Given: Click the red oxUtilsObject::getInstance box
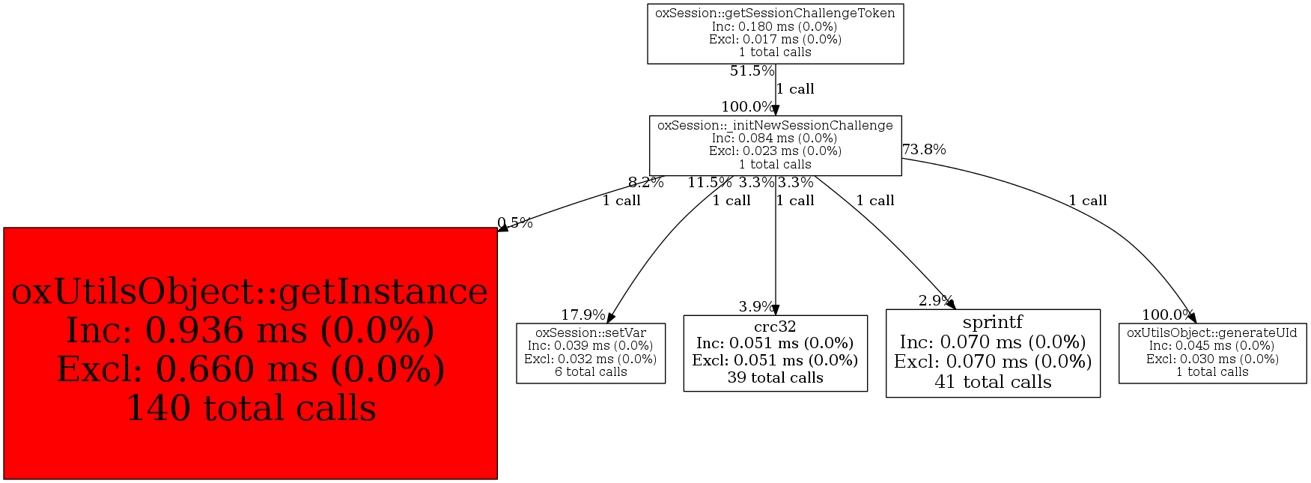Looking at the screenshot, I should tap(250, 353).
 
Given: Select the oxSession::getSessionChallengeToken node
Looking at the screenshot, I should tap(775, 33).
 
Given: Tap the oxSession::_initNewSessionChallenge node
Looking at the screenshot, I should tap(775, 145).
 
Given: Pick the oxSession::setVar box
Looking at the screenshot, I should tap(591, 353).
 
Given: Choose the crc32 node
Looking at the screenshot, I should tap(775, 353).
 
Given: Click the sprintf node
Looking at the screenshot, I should tap(993, 353).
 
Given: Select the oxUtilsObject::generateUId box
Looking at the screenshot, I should tap(1212, 353).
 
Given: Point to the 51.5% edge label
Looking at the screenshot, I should tap(752, 71).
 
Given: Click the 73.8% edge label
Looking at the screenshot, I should tap(924, 150).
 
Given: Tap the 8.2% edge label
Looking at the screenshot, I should tap(645, 182).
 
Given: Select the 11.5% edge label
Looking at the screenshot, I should tap(710, 182).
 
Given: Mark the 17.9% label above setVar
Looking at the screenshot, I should tap(583, 315).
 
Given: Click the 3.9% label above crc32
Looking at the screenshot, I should tap(756, 307).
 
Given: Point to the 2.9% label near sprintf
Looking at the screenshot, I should tap(935, 301).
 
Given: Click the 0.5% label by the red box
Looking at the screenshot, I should tap(515, 222).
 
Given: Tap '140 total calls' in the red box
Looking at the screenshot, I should tap(250, 409).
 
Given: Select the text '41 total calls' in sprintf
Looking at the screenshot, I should tap(993, 382).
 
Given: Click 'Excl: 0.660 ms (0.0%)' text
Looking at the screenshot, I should tap(250, 369).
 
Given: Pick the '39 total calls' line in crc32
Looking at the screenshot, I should tap(775, 378).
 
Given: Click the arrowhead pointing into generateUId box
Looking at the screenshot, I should tap(1191, 318).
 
